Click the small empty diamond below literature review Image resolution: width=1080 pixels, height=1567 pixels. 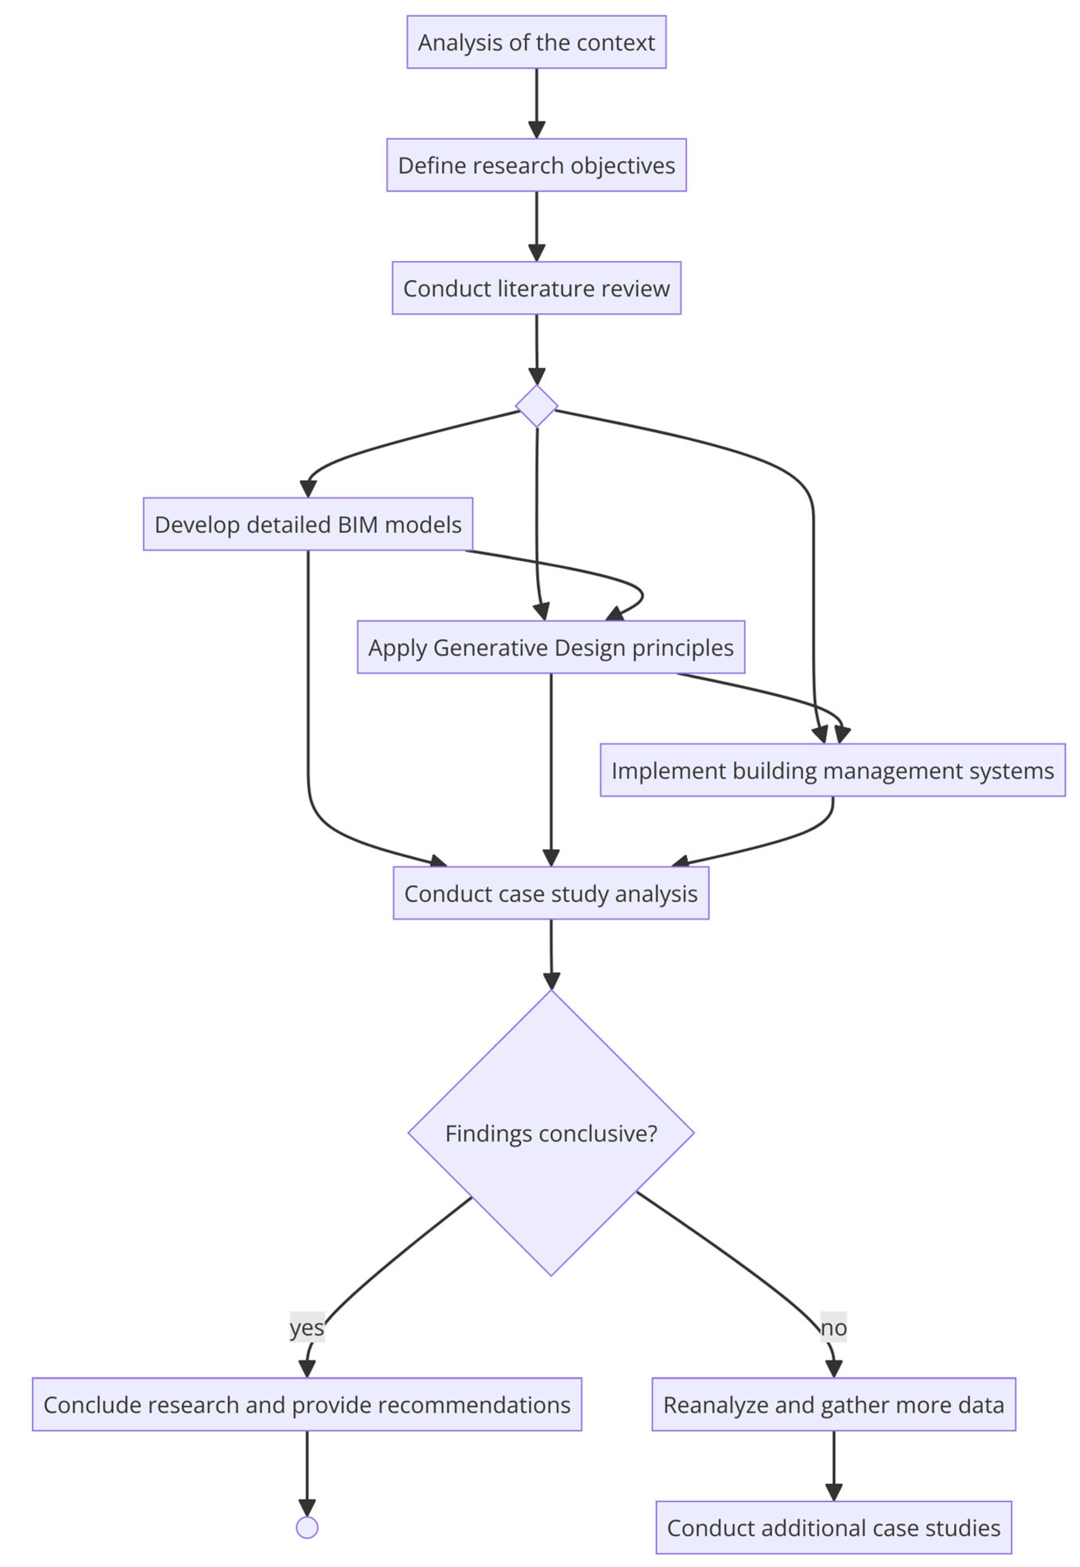[537, 406]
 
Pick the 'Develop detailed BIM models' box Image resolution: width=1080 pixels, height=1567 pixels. [308, 524]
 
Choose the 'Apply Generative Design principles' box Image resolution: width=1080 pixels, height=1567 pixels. [551, 647]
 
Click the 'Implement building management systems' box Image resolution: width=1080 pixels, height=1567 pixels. [832, 770]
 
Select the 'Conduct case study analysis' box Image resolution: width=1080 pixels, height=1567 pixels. [551, 894]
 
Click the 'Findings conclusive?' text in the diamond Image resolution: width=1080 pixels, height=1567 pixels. [551, 1133]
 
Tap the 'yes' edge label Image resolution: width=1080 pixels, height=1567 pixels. [307, 1327]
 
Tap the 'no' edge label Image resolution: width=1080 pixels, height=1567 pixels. [834, 1327]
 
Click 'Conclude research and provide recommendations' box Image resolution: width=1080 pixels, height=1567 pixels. [307, 1405]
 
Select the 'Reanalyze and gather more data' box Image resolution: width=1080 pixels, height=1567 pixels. [834, 1405]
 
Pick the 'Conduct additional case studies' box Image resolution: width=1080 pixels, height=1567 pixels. [834, 1528]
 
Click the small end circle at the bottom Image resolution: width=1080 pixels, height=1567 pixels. [307, 1528]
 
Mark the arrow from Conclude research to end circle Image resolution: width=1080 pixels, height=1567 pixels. [307, 1468]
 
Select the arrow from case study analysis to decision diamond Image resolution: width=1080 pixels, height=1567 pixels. [551, 951]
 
